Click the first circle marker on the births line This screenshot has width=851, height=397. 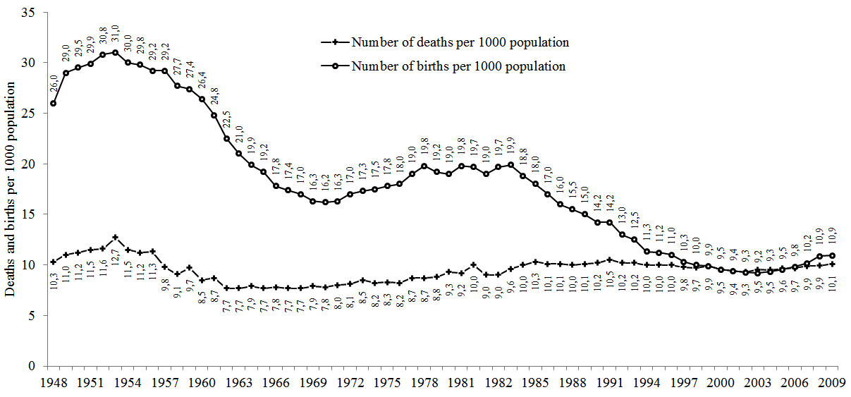pos(54,104)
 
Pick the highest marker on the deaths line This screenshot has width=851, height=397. pos(115,238)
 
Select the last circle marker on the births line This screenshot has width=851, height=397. pos(832,256)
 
